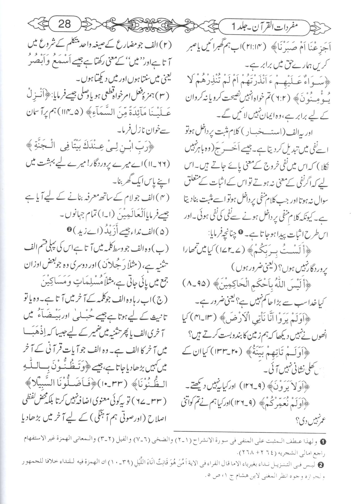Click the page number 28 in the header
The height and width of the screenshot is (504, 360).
click(64, 24)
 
